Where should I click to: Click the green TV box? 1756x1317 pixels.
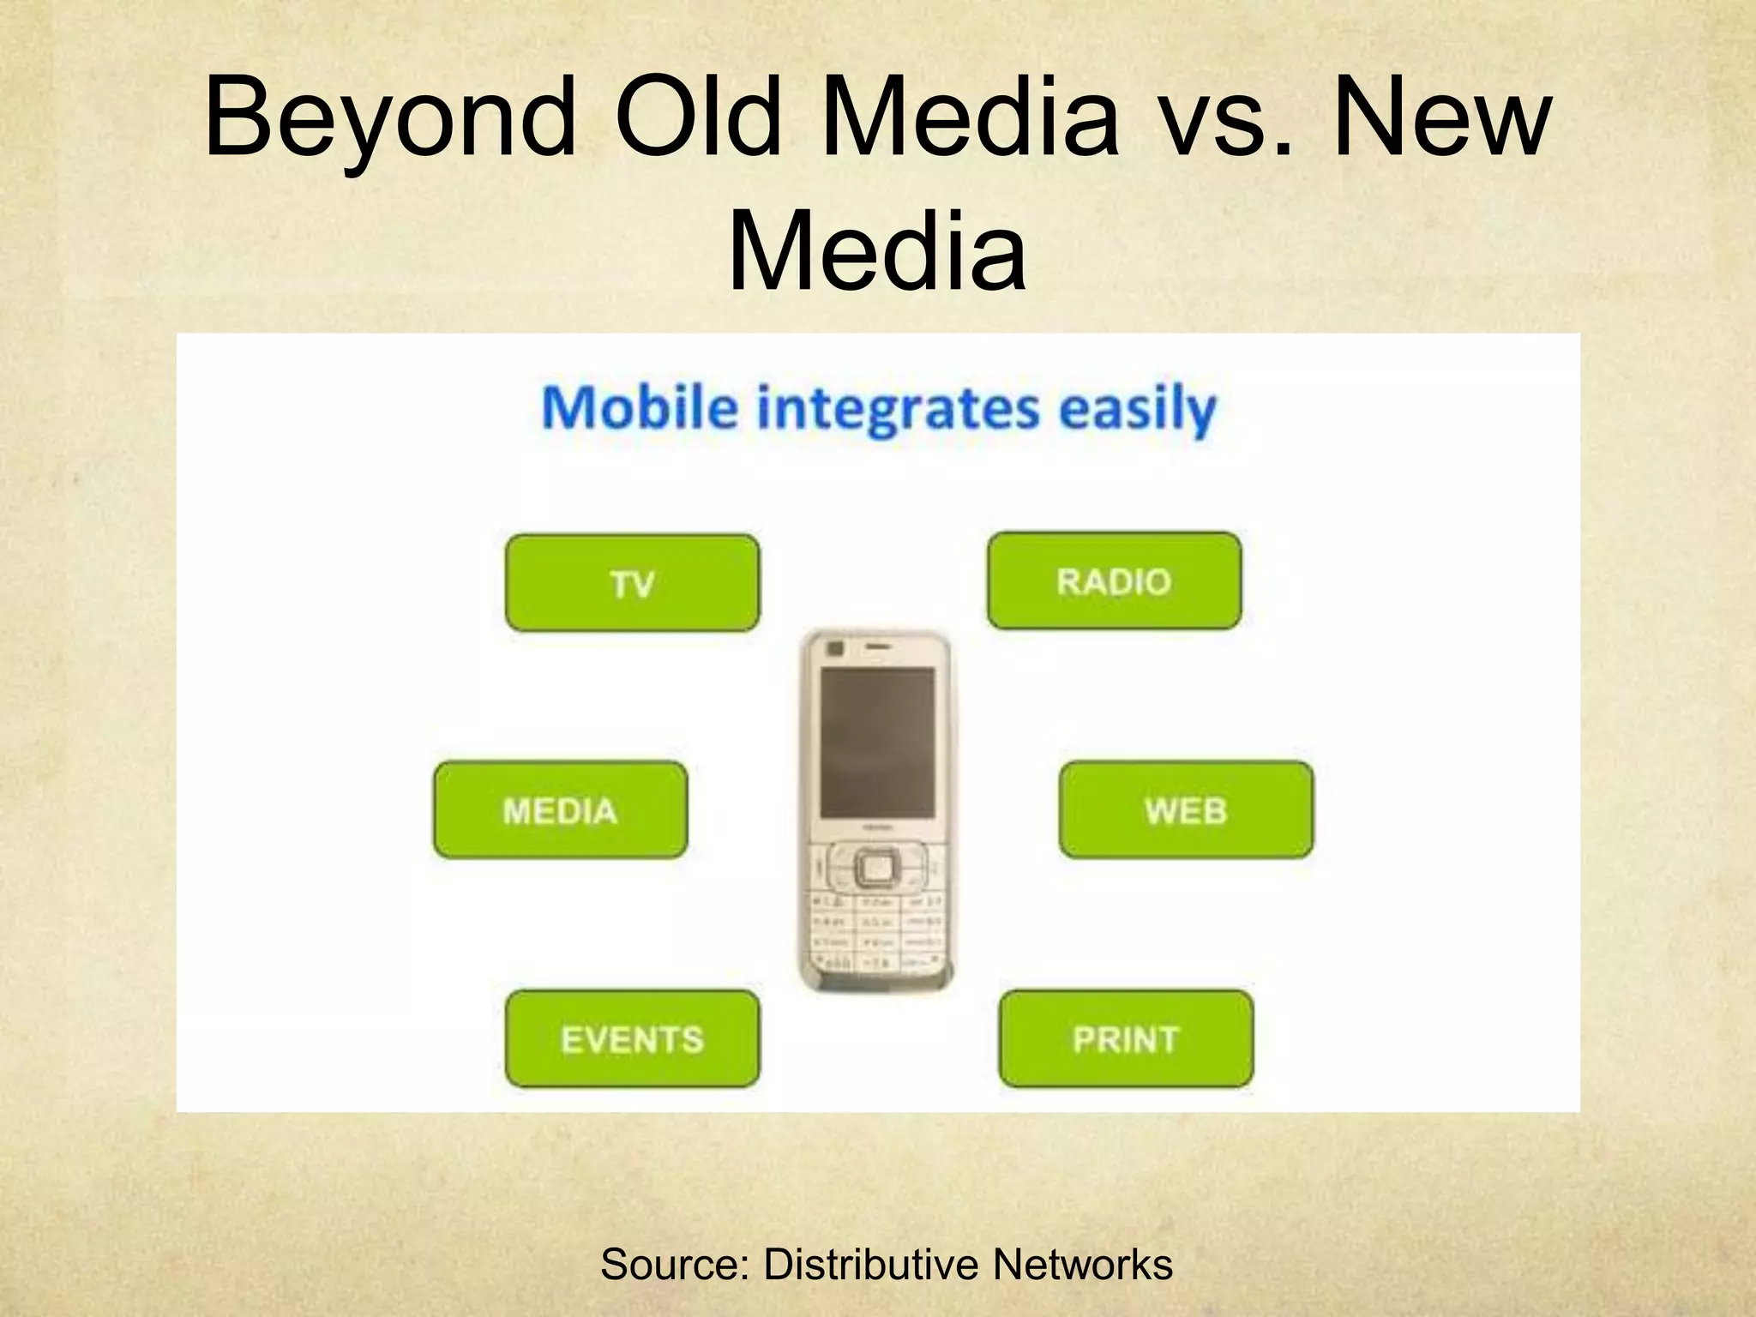(x=632, y=583)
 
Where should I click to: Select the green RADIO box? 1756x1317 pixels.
(x=1114, y=581)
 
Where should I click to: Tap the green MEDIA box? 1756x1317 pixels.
(x=560, y=810)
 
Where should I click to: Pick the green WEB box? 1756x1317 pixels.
(x=1186, y=810)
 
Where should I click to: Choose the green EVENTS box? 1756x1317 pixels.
(x=632, y=1039)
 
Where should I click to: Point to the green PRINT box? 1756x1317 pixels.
(x=1126, y=1039)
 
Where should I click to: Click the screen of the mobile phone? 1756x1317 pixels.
(x=877, y=742)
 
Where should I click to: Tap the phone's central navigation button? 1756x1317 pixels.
(x=876, y=869)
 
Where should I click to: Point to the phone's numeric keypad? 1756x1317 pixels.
(x=876, y=935)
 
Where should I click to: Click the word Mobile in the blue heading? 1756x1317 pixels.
(x=640, y=408)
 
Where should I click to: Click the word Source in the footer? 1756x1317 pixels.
(x=669, y=1265)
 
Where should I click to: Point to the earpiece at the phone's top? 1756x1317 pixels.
(x=876, y=646)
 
